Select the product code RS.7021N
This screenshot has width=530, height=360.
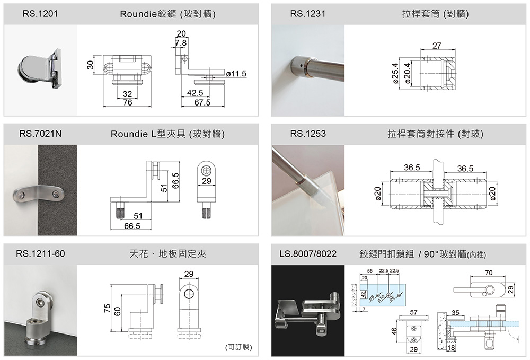[x=40, y=134]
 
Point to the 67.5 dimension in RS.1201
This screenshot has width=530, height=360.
[x=202, y=102]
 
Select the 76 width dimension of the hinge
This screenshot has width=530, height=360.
[x=127, y=102]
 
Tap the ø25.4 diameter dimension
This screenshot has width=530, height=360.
[x=395, y=72]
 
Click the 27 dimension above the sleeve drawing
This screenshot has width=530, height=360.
[x=436, y=46]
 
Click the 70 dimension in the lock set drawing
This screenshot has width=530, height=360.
[x=488, y=273]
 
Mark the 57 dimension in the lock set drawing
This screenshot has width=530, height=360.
[x=414, y=312]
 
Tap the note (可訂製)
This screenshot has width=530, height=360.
[x=238, y=348]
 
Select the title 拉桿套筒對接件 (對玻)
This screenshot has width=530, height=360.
[x=435, y=134]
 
